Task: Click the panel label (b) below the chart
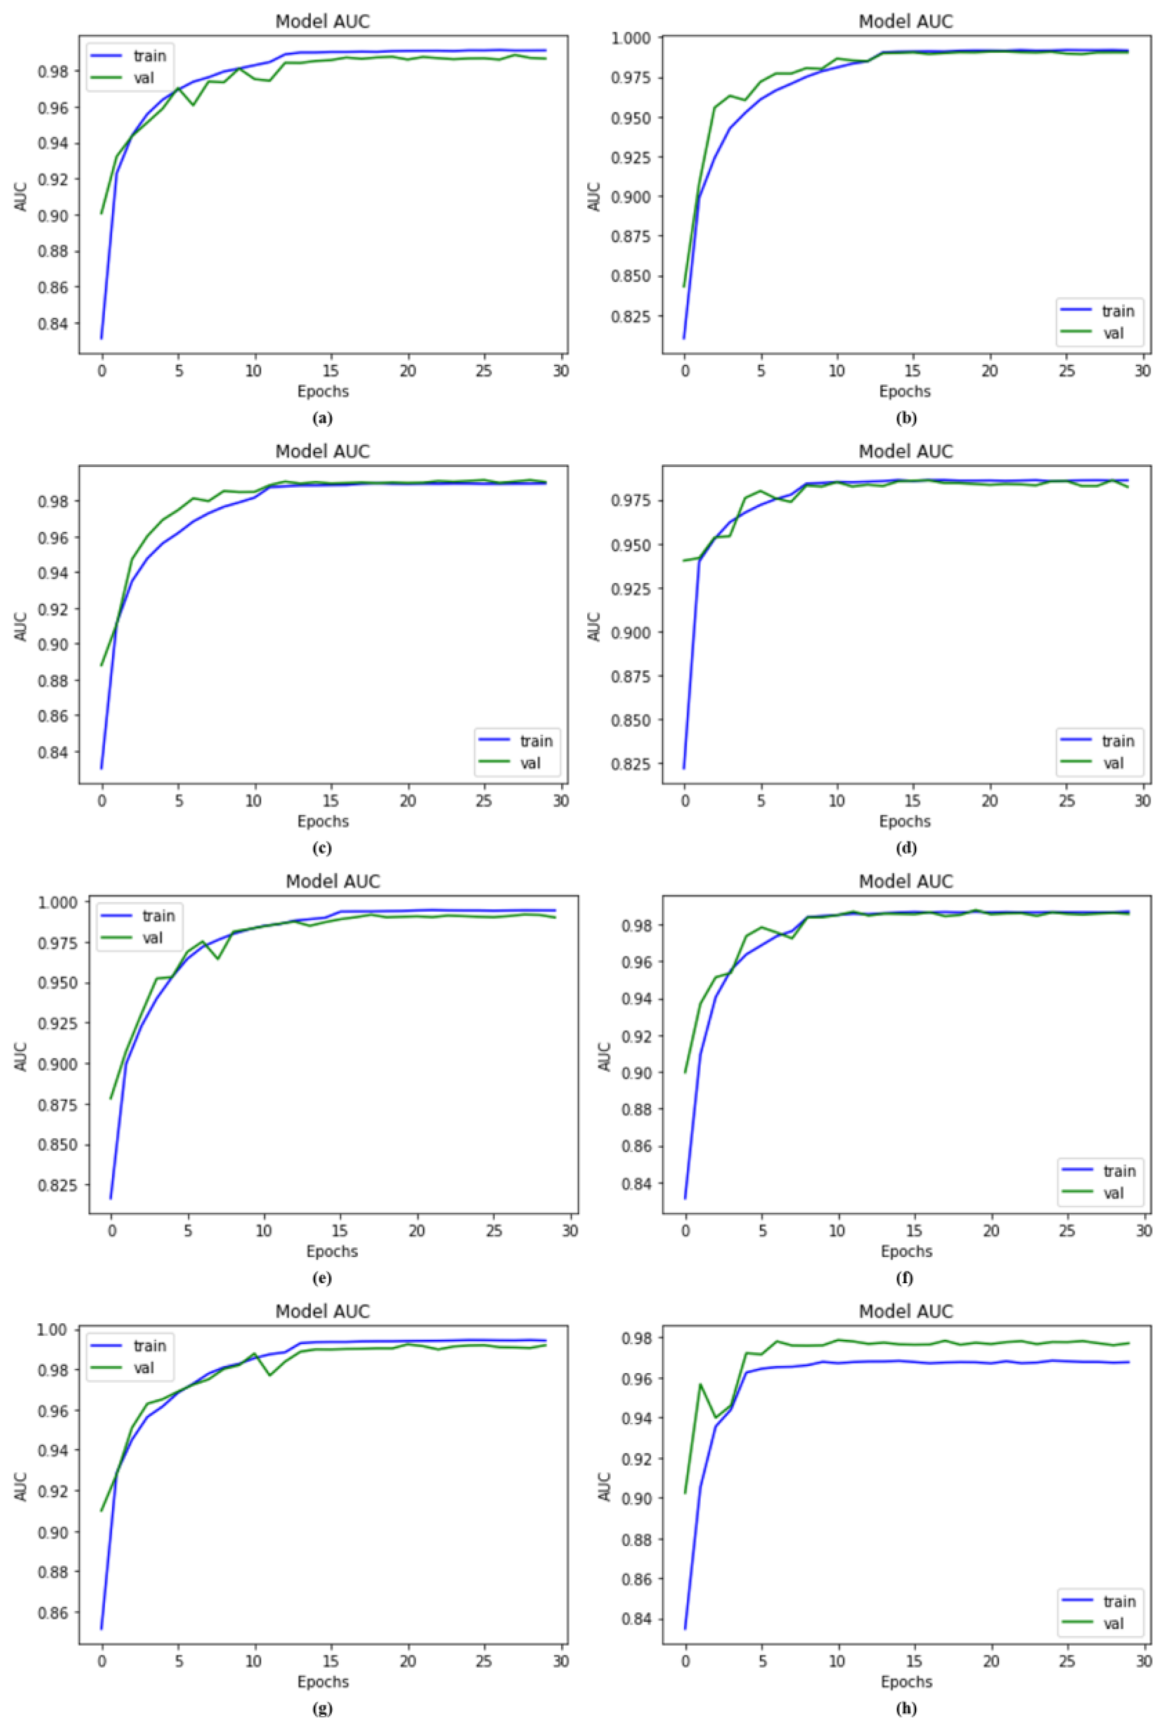click(905, 418)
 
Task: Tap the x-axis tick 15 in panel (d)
click(914, 801)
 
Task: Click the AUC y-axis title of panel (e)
click(21, 1056)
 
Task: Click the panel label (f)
click(905, 1278)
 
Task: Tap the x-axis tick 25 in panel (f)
click(1066, 1231)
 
